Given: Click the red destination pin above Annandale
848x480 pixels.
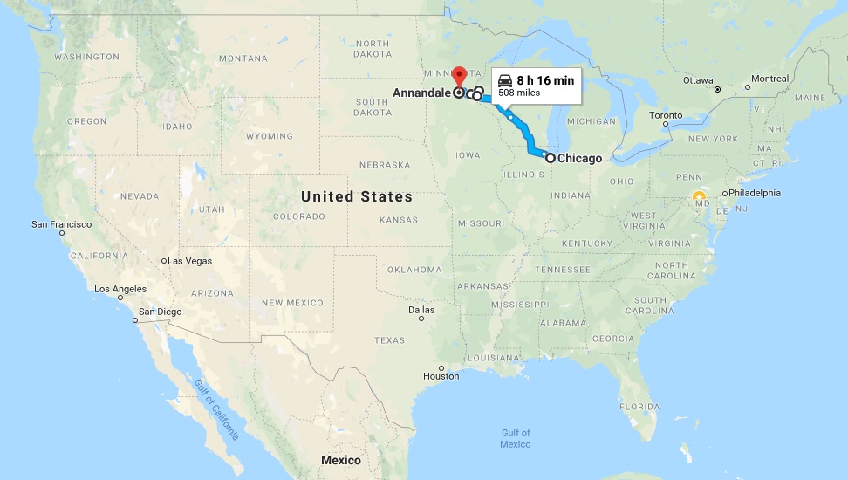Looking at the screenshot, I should tap(459, 74).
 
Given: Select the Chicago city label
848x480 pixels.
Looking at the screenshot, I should tap(579, 158).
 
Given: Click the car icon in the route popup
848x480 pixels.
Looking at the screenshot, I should tap(504, 80).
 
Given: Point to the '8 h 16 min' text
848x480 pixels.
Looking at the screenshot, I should tap(545, 80).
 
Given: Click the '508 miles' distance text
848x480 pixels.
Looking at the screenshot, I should tap(518, 93).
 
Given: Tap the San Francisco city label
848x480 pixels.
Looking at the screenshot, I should tap(61, 224).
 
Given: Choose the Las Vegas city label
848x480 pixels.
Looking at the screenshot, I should tap(189, 261).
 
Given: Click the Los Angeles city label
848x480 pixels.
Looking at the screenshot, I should tap(120, 289).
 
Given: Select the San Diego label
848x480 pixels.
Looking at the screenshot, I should tap(160, 312).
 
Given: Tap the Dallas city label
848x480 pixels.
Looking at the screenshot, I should tap(421, 309).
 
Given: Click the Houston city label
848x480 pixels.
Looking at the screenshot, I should tap(441, 376).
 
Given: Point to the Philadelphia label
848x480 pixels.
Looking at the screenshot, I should tap(756, 193).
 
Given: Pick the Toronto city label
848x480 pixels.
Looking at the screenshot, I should tap(666, 115).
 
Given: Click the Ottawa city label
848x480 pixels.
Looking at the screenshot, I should tap(698, 80).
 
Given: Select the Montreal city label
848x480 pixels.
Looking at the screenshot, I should tap(769, 79).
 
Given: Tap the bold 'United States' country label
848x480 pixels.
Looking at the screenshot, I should tap(357, 196).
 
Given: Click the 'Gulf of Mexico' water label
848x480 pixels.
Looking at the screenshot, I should tap(516, 438).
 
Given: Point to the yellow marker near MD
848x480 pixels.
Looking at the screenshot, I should tap(698, 196).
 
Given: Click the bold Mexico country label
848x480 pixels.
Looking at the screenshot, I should tap(341, 460).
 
